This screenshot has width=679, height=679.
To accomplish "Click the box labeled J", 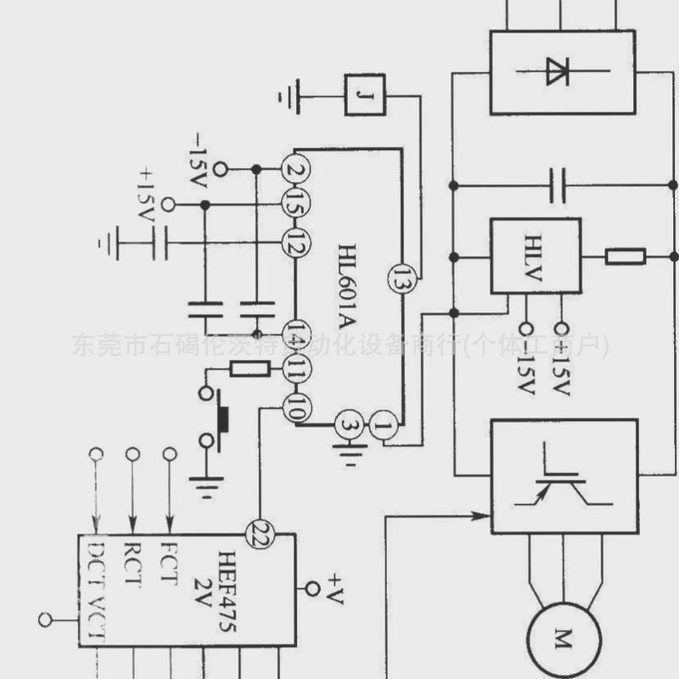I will point(364,94).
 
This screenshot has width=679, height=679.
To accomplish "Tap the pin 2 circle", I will point(295,169).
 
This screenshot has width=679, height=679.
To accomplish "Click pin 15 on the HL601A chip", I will point(295,205).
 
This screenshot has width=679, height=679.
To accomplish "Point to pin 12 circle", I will point(295,246).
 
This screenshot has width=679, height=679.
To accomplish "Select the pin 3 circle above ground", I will point(348,424).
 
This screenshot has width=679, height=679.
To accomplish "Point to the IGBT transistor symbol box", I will point(564,475).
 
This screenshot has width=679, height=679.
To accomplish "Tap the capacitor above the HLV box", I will point(558,185).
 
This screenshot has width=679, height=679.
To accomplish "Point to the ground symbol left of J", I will point(289,94).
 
